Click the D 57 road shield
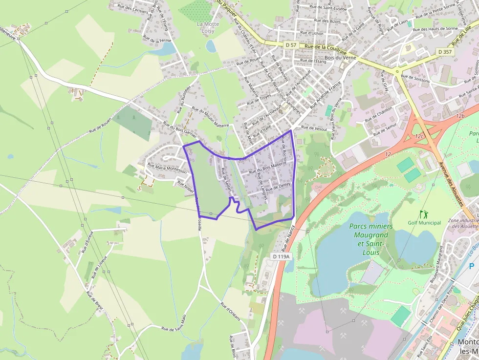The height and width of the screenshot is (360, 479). pos(291,45)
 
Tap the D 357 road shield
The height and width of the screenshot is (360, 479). pos(445,51)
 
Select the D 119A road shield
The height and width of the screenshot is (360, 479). pos(282,256)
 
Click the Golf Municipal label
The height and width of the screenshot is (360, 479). pos(424,223)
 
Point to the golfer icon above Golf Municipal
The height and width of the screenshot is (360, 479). pos(423,214)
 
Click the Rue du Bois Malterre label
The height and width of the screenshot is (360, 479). pos(267,168)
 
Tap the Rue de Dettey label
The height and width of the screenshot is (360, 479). pos(279,186)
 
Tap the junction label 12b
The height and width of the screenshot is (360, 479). pos(459,116)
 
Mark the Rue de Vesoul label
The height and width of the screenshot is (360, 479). pos(313,127)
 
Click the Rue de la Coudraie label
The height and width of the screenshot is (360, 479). pos(325,49)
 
